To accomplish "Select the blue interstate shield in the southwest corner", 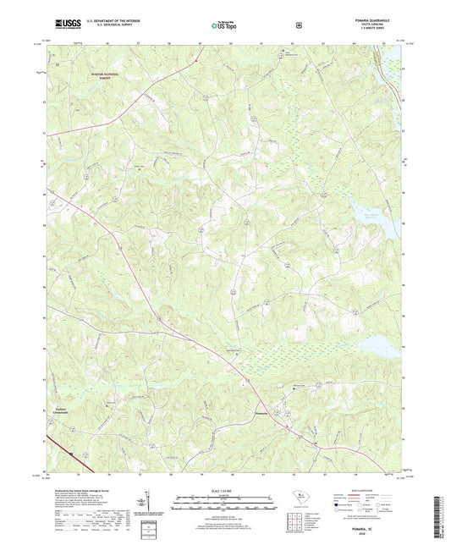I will [82, 452].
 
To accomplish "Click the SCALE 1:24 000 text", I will [225, 489].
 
